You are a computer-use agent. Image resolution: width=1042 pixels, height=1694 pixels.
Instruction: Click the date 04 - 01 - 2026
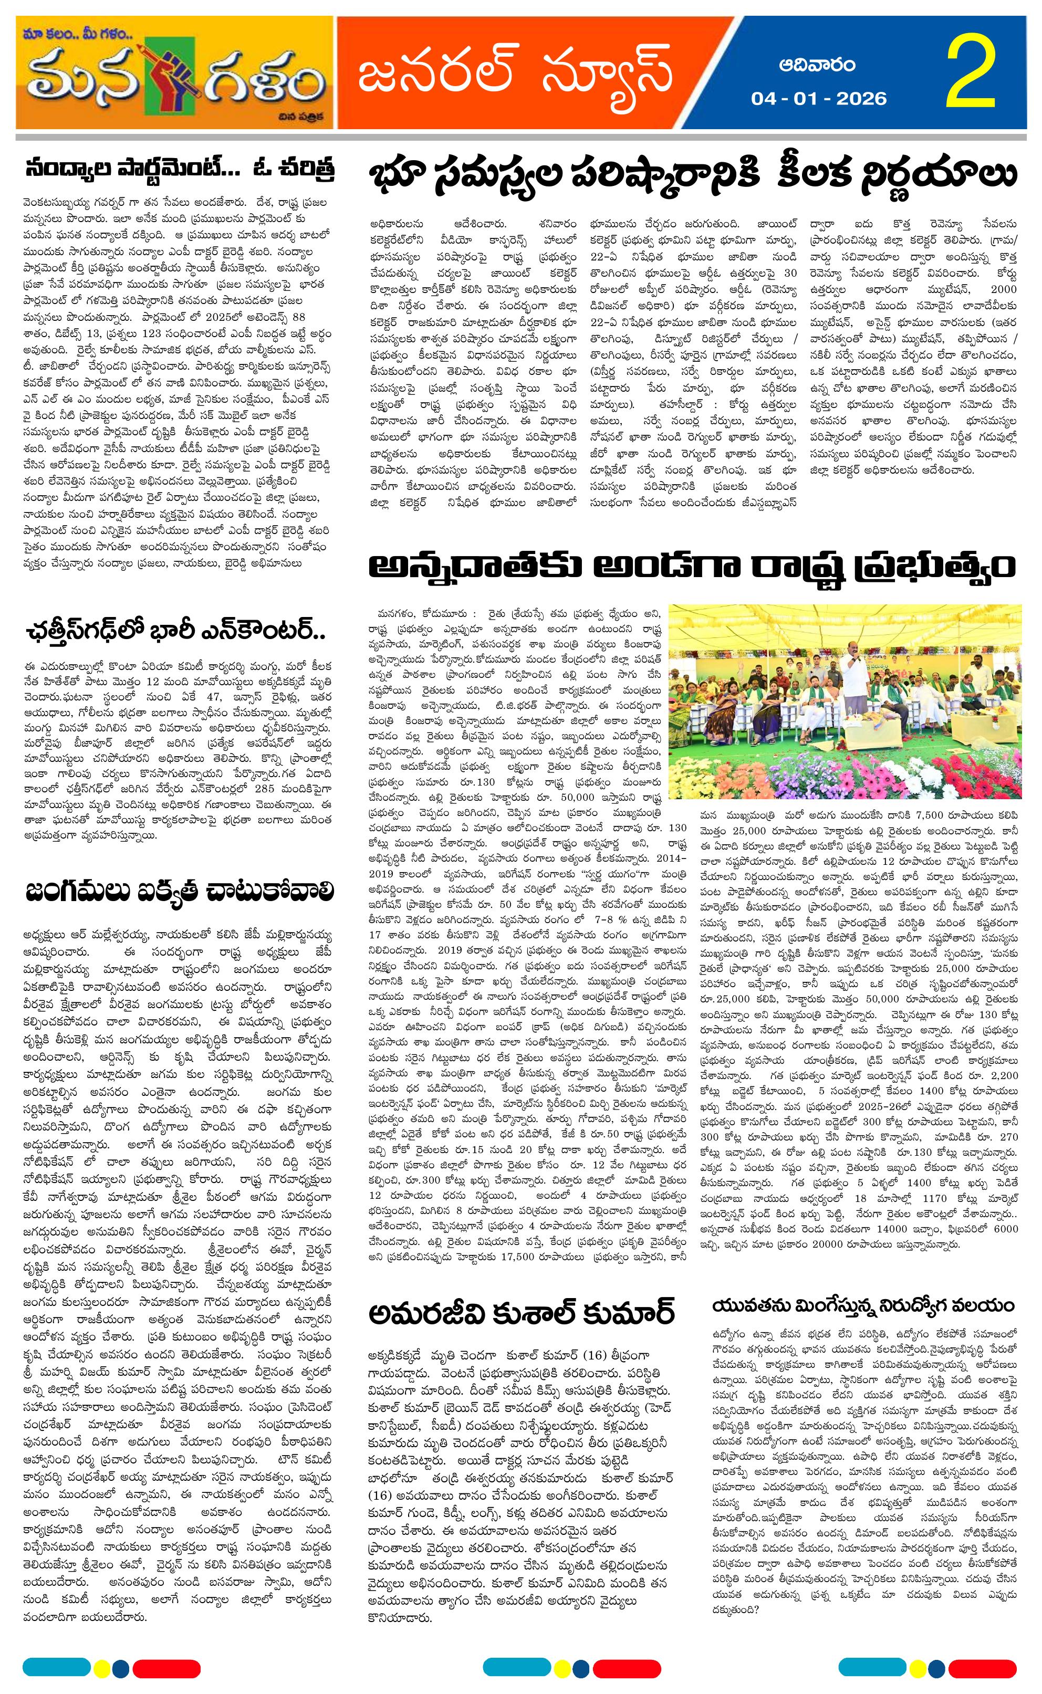(x=818, y=99)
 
